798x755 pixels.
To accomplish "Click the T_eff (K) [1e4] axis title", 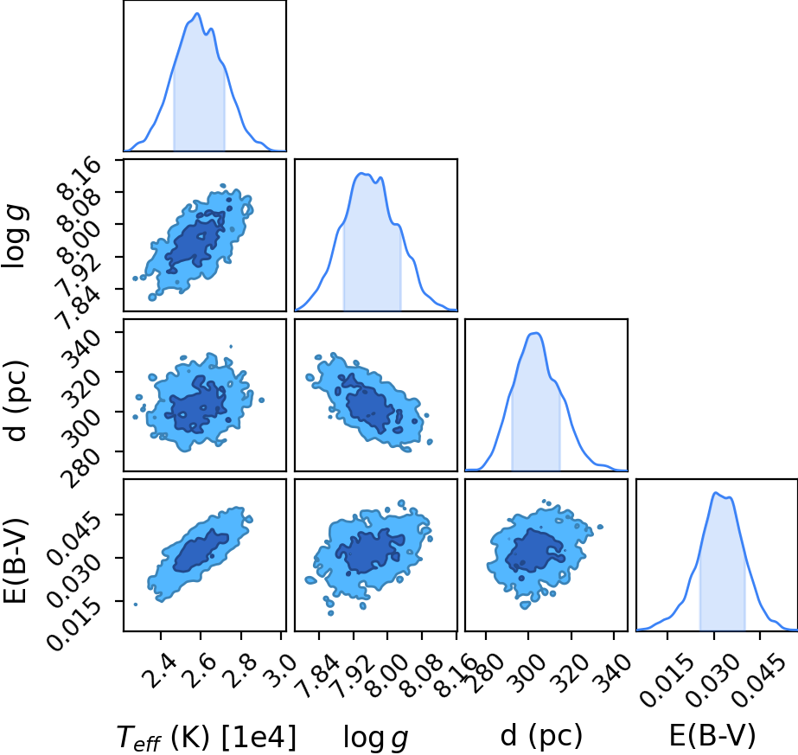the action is [206, 737].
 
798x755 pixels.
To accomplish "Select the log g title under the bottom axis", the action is [375, 738].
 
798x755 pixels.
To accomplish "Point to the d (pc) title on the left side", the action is [16, 401].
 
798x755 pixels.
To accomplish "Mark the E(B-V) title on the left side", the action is [16, 560].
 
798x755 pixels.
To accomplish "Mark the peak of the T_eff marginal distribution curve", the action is [197, 13].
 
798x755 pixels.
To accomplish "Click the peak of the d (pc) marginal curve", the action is [535, 333].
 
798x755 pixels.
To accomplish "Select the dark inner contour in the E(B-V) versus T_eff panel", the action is [201, 551].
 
